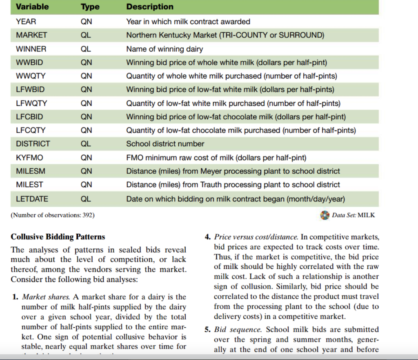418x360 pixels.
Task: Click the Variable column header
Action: click(x=32, y=7)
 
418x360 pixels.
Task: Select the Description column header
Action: click(x=150, y=7)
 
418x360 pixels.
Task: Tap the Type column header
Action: click(x=90, y=7)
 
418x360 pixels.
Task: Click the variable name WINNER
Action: click(x=31, y=49)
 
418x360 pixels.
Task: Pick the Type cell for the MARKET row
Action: click(x=86, y=35)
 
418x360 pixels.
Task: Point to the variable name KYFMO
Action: click(x=29, y=157)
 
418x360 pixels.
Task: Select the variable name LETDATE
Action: click(x=32, y=199)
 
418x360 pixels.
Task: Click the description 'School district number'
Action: click(x=165, y=144)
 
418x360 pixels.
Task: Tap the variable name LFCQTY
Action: click(x=31, y=130)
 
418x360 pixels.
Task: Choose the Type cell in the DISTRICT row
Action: click(x=86, y=144)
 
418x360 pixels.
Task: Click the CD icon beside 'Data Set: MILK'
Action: click(x=325, y=215)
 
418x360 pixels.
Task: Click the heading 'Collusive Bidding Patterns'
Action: click(x=58, y=237)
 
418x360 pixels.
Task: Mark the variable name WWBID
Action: click(x=29, y=63)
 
